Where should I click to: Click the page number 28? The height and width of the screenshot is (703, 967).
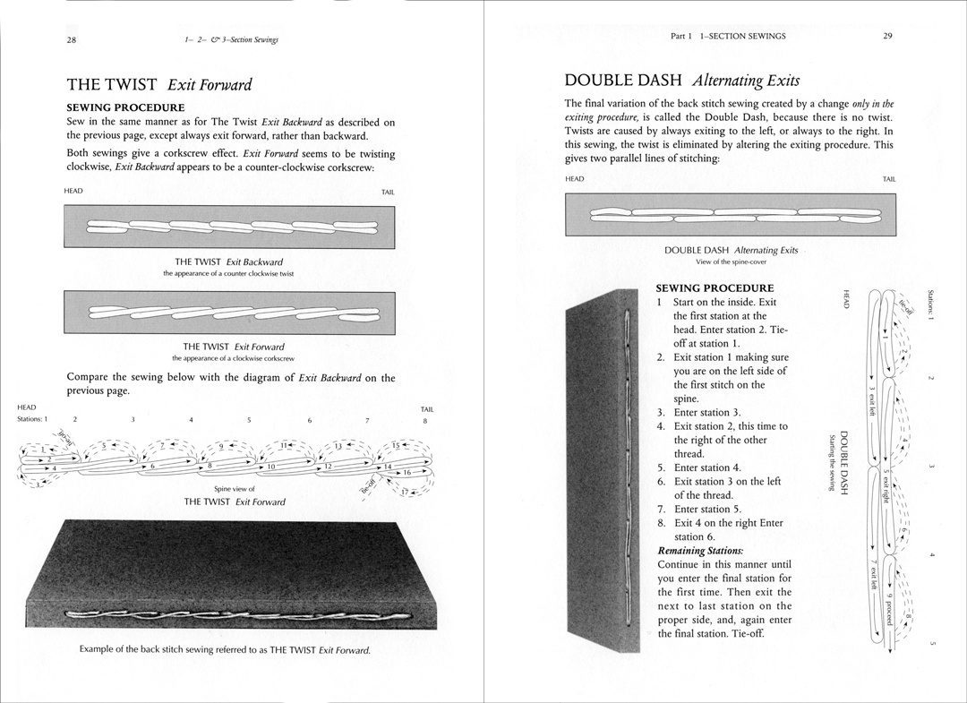coord(71,39)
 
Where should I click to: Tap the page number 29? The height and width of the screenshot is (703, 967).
coord(887,36)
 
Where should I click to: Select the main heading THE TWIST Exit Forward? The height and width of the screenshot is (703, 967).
coord(159,85)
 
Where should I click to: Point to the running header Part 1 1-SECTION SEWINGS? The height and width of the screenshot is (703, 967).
coord(728,36)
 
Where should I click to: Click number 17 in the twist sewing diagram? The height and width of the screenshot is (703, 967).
coord(404,490)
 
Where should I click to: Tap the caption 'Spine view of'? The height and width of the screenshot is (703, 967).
coord(235,489)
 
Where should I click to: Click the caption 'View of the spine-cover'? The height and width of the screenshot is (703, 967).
coord(731,261)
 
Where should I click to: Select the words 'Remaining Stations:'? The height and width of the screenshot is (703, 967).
coord(700,550)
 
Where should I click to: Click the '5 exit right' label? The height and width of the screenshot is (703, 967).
coord(885,485)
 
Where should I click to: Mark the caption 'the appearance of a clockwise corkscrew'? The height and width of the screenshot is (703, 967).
coord(234,358)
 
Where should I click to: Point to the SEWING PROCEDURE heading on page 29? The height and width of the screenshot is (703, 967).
coord(715,288)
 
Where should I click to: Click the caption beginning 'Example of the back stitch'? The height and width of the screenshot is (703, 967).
coord(225,649)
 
